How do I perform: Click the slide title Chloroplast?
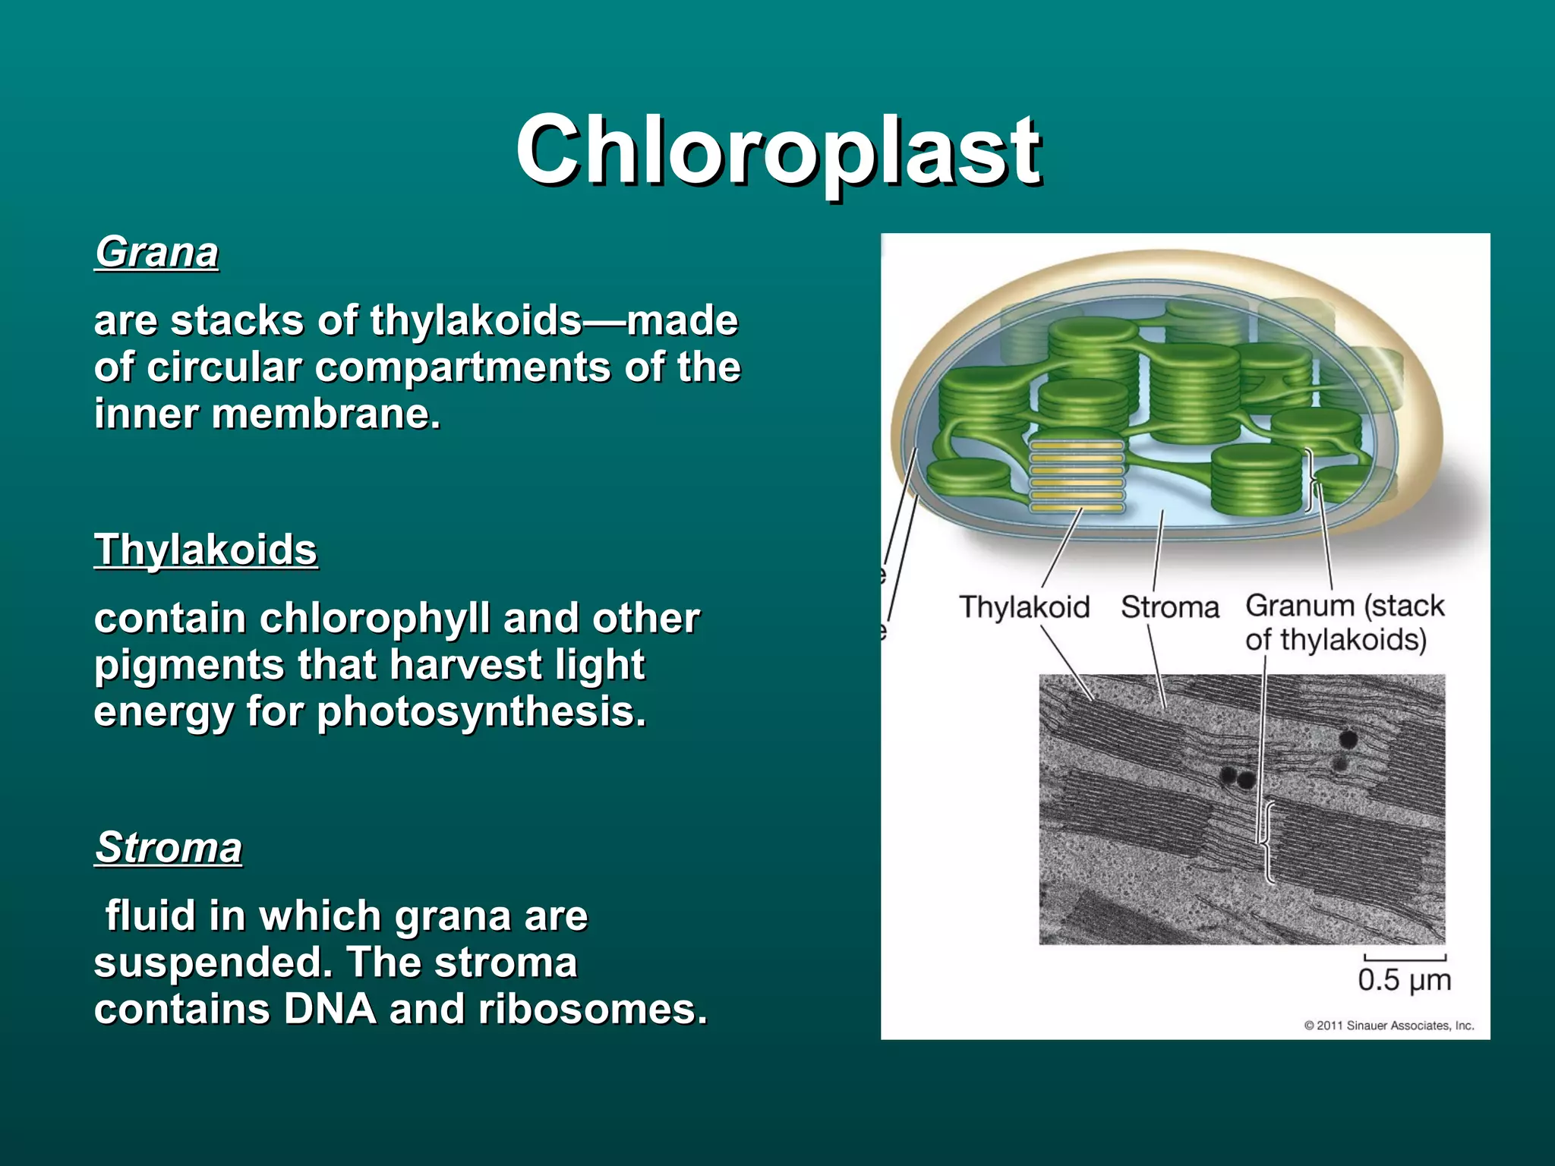point(777,150)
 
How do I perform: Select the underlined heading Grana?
point(156,252)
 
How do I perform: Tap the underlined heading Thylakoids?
point(206,550)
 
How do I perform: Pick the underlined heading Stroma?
point(169,847)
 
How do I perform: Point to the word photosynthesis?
point(481,713)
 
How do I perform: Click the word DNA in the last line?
point(330,1010)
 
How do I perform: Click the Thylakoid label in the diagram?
point(1024,607)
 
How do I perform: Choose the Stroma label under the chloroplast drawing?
point(1169,607)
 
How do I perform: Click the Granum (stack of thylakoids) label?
point(1343,622)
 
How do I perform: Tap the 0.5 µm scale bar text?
point(1404,980)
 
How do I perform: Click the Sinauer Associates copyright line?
point(1389,1026)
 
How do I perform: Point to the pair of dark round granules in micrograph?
point(1237,777)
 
